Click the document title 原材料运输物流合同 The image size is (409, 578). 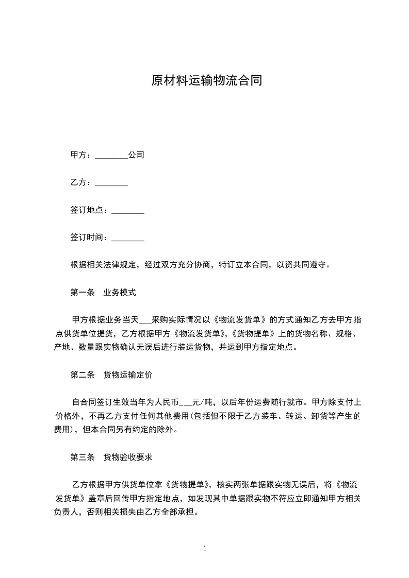click(x=206, y=81)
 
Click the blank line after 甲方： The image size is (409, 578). click(x=111, y=155)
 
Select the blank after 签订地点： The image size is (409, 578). click(x=128, y=210)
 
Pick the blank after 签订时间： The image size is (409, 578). click(x=128, y=238)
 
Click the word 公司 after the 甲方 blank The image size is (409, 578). click(x=136, y=155)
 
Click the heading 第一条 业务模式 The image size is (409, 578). click(x=103, y=293)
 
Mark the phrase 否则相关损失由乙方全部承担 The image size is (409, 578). click(x=140, y=513)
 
